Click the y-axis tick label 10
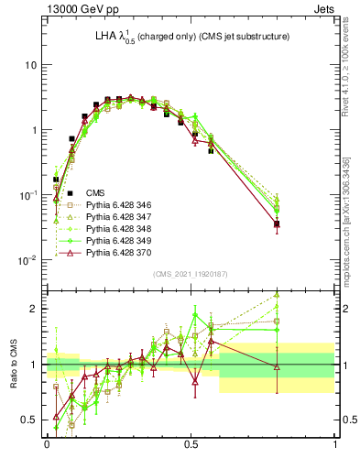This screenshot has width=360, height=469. pyautogui.click(x=31, y=66)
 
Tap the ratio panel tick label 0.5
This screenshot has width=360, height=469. pyautogui.click(x=31, y=420)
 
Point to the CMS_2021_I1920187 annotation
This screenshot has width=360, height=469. pyautogui.click(x=190, y=275)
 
